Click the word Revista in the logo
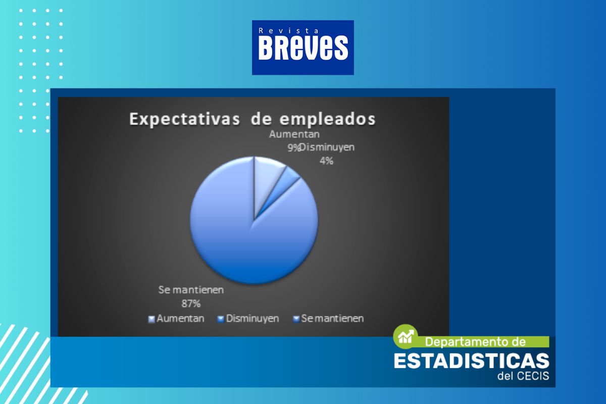(x=289, y=31)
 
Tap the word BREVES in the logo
(x=303, y=48)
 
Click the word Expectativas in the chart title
(x=184, y=119)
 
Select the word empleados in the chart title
(x=328, y=119)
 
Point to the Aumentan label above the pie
(x=294, y=134)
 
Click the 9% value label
(x=293, y=148)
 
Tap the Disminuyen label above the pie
(x=327, y=147)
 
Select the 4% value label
(x=326, y=161)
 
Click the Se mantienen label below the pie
(x=191, y=290)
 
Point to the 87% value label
(x=191, y=304)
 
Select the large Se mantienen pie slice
(x=243, y=238)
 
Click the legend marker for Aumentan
(x=151, y=319)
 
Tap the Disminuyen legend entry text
(x=252, y=319)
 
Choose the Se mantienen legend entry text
(x=332, y=319)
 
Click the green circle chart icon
(x=405, y=336)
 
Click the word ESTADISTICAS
(x=472, y=361)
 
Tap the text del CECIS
(x=523, y=376)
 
